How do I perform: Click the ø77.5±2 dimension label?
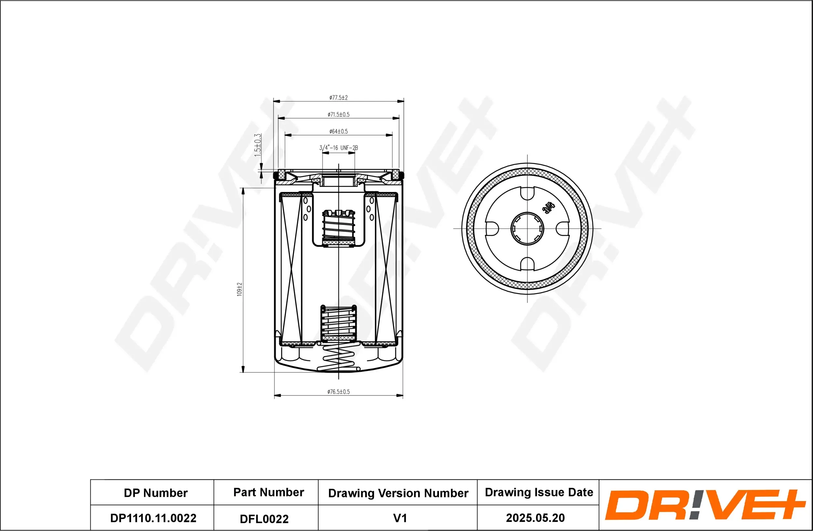click(338, 98)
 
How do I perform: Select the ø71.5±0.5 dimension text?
click(338, 114)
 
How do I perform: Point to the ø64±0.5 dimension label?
click(338, 131)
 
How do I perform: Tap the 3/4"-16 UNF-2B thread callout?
click(338, 148)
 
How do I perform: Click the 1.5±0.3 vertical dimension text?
click(258, 145)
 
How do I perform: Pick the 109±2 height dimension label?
click(239, 289)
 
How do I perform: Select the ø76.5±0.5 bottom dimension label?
click(338, 392)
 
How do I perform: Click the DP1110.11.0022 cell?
click(153, 518)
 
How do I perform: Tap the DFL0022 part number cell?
click(264, 519)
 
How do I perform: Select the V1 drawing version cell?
click(400, 518)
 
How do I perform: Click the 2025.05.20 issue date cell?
click(535, 518)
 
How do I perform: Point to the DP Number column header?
click(155, 493)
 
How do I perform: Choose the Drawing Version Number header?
click(398, 493)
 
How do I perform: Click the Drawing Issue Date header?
click(539, 492)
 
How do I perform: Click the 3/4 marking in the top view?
click(549, 207)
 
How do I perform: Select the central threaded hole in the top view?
click(527, 229)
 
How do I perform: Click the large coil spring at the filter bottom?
click(339, 359)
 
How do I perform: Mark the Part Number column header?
click(269, 492)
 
